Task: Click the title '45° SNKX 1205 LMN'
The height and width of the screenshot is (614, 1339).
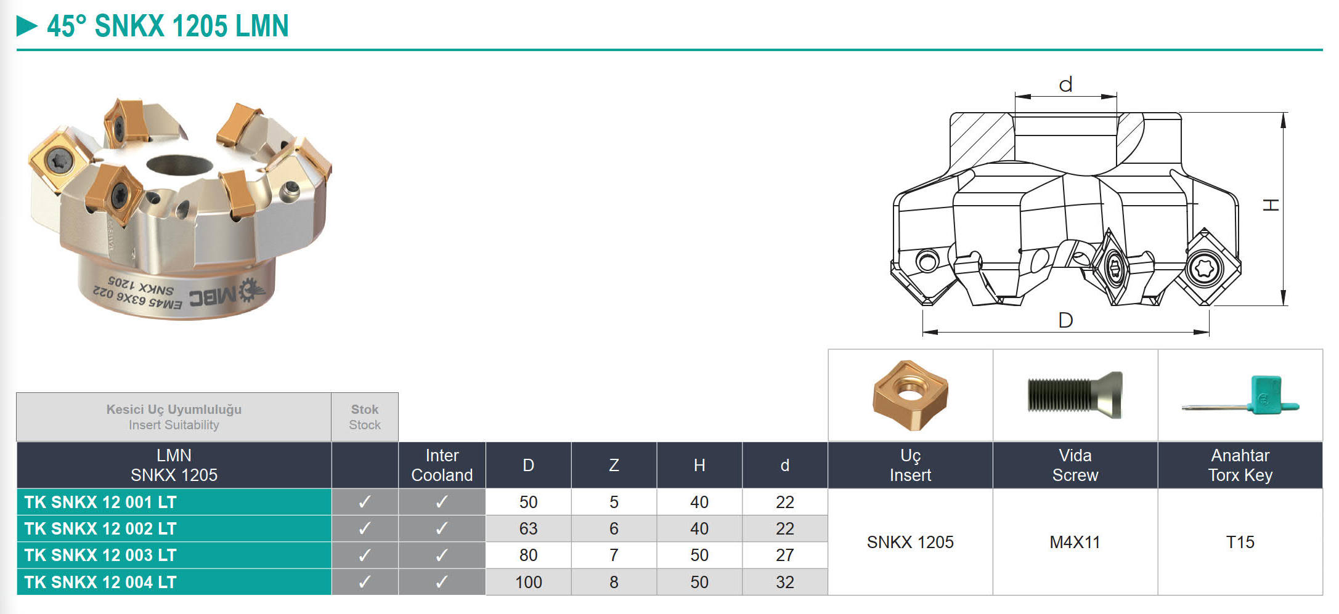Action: (x=168, y=26)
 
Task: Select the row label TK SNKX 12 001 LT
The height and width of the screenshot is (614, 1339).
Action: (x=100, y=503)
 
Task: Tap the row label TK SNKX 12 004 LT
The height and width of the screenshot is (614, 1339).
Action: (x=100, y=582)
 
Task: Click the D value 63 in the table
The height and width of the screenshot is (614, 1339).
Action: (x=528, y=529)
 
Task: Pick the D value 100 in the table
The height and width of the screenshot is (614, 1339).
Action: (x=528, y=582)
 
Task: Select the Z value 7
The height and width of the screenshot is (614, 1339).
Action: (x=614, y=555)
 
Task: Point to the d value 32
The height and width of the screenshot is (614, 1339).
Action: (x=784, y=582)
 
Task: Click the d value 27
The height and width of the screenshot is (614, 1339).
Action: (x=784, y=555)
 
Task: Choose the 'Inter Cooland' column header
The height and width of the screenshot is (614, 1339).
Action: (x=442, y=465)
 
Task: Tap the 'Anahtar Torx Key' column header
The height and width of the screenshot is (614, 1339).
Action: (x=1240, y=465)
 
